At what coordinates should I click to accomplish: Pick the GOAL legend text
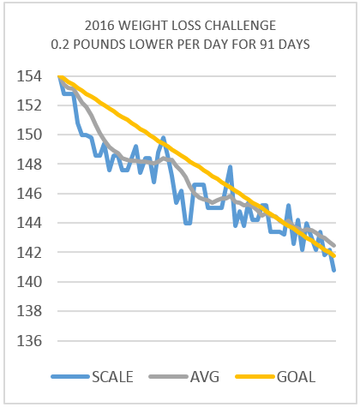click(x=297, y=376)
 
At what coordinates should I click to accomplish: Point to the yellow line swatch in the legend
click(x=254, y=376)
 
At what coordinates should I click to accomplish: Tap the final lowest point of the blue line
click(x=333, y=270)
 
